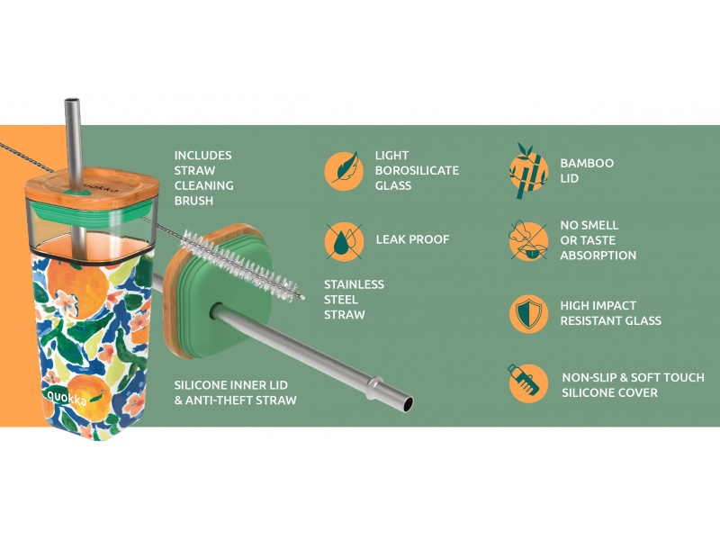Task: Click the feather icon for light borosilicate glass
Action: (344, 170)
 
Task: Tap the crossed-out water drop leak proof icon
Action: (344, 241)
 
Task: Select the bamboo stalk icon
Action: (528, 171)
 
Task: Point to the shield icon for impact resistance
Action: (528, 313)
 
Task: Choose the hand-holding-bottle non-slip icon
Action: (528, 383)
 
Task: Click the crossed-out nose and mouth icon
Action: (528, 240)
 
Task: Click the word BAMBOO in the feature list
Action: (587, 163)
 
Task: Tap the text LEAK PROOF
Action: (412, 239)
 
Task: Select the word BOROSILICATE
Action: (417, 170)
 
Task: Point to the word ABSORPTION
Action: (598, 256)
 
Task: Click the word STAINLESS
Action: (354, 284)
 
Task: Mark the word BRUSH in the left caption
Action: (193, 201)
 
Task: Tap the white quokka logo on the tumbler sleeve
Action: (67, 398)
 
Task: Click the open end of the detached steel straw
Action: (408, 403)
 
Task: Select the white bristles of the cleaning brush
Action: (242, 266)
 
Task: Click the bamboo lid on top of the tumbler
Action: (92, 188)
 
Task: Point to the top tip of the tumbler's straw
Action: (72, 100)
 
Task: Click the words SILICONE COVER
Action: (610, 393)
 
